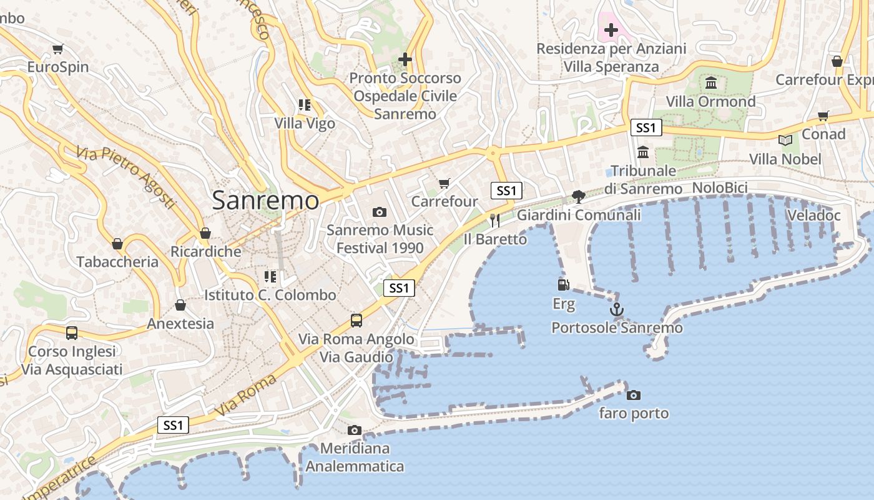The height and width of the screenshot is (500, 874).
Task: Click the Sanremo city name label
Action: click(x=265, y=201)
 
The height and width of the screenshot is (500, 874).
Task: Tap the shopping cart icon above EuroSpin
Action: click(x=58, y=49)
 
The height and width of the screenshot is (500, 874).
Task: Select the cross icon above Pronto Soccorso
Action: click(x=405, y=59)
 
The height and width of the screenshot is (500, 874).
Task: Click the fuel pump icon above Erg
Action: click(x=563, y=285)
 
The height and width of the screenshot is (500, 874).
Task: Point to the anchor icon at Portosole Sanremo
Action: click(x=616, y=309)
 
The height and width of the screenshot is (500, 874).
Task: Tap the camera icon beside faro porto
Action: click(x=634, y=395)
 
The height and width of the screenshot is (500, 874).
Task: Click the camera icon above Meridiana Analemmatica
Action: click(x=355, y=430)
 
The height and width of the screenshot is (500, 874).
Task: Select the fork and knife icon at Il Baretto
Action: click(x=495, y=220)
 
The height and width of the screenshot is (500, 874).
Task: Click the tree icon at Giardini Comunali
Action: click(x=579, y=196)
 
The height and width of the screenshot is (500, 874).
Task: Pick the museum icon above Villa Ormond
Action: click(x=710, y=82)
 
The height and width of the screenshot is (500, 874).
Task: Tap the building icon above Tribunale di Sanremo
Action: click(x=643, y=152)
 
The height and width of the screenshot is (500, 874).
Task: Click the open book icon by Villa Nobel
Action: click(x=785, y=141)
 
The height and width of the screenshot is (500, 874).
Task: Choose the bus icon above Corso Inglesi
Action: click(x=72, y=332)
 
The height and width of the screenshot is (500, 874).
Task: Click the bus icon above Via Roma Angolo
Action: click(x=356, y=320)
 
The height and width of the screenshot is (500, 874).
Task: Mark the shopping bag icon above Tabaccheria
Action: click(x=117, y=243)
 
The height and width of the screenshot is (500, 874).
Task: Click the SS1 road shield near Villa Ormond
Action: click(x=646, y=128)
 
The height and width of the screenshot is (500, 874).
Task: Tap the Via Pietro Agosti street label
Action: click(x=125, y=177)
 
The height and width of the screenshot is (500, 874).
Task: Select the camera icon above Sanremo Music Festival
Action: click(x=380, y=212)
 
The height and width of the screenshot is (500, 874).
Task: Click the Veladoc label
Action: click(x=813, y=216)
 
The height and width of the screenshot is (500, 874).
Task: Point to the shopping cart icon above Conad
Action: click(x=823, y=116)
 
